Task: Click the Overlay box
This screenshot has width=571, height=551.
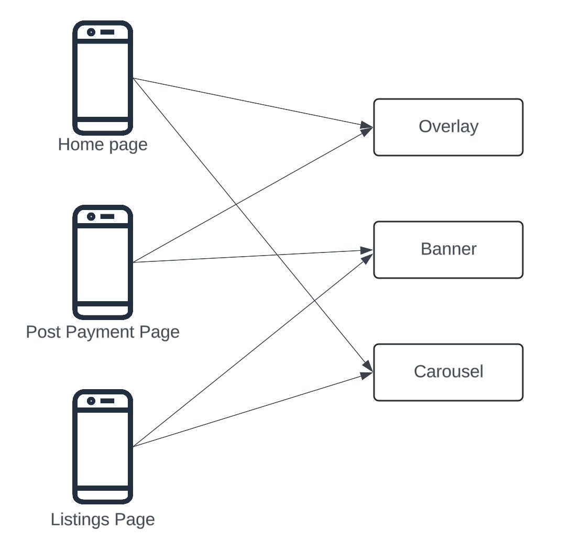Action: click(x=448, y=127)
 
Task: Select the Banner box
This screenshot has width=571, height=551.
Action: click(x=448, y=250)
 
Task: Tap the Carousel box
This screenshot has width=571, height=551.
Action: click(x=448, y=372)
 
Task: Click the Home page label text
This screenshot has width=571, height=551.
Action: click(x=103, y=145)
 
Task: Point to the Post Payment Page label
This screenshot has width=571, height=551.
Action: click(x=103, y=332)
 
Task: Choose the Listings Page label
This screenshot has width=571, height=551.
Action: click(x=103, y=520)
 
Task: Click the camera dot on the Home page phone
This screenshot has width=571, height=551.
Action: click(x=91, y=32)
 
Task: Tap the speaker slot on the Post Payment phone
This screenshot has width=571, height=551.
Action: click(x=107, y=216)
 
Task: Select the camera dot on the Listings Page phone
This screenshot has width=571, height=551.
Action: click(x=91, y=401)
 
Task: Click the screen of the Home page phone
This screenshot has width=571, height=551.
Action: click(x=103, y=81)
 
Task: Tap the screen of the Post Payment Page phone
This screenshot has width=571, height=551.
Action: click(x=103, y=265)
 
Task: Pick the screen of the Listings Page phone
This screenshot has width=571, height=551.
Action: click(x=103, y=449)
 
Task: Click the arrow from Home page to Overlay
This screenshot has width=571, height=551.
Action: click(x=252, y=103)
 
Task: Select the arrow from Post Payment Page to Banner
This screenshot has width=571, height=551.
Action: click(x=252, y=256)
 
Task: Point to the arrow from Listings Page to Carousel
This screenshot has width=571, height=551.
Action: click(x=252, y=410)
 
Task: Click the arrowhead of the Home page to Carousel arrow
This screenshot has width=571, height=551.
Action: click(x=368, y=366)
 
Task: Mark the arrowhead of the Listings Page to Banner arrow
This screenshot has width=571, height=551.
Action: click(x=367, y=258)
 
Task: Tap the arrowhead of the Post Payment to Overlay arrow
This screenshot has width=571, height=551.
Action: click(x=367, y=131)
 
